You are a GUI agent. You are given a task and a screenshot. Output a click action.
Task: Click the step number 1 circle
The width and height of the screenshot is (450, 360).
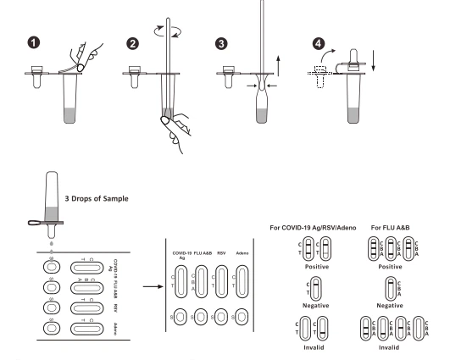coord(34,42)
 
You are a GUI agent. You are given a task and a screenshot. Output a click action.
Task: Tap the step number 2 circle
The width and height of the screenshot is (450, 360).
coord(132,44)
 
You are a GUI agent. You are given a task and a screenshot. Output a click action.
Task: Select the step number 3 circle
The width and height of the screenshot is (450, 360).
coord(221,44)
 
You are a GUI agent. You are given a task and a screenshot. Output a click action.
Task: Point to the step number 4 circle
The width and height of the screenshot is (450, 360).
coord(319,44)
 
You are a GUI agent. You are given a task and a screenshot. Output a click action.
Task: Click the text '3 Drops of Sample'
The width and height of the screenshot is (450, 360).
coord(97,198)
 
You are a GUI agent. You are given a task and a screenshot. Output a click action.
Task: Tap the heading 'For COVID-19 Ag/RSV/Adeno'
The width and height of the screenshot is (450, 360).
coord(313,228)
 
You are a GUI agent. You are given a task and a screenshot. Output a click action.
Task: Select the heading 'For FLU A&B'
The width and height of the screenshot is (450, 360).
coord(391,228)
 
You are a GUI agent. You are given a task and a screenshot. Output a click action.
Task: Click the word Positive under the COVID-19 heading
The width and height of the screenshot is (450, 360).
coord(317,267)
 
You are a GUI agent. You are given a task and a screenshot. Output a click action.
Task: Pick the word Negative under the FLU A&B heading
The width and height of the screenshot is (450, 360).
coord(390,306)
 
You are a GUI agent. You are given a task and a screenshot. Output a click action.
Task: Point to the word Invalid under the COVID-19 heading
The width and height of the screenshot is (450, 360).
coord(314,347)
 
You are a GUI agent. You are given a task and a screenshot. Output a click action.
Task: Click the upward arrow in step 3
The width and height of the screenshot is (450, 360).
coord(278,65)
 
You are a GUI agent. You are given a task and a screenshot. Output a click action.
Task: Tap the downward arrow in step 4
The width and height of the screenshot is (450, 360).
coord(373,60)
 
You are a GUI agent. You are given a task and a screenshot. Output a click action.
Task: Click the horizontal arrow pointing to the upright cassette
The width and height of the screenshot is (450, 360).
coord(153,286)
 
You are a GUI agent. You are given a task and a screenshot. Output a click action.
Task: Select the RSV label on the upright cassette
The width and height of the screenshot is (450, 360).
coord(221,253)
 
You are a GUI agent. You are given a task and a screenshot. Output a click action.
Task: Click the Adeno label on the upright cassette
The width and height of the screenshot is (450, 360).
coord(242,253)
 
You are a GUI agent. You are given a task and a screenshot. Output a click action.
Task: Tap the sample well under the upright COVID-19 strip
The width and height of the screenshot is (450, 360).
coord(181,317)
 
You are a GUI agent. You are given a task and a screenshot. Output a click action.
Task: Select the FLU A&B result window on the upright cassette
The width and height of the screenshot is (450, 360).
coord(201,282)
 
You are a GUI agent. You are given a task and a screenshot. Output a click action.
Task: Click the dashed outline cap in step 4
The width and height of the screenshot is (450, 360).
coord(320,76)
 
